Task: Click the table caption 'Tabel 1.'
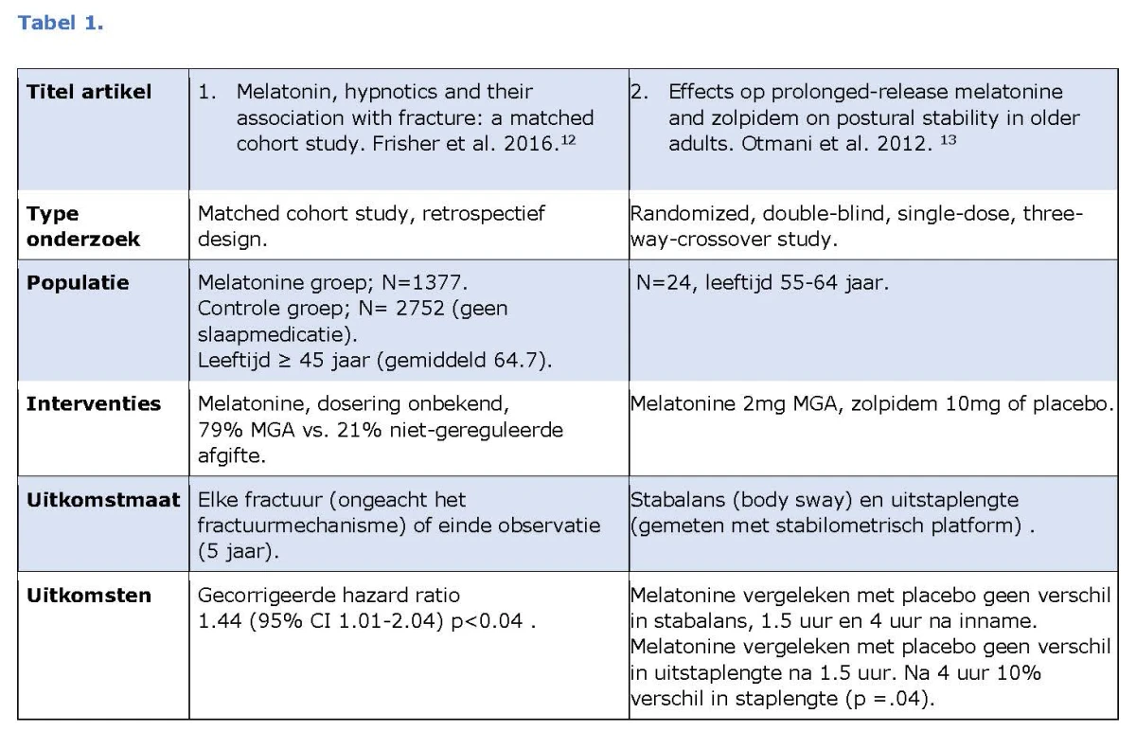point(61,23)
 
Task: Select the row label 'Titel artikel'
point(89,92)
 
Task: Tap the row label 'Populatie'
point(78,282)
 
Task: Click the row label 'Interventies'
point(94,403)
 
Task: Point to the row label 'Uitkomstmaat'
point(103,500)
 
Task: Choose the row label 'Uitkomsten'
point(89,595)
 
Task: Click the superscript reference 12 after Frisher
point(568,139)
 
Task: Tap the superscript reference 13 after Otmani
point(949,139)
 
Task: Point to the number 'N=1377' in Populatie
point(422,282)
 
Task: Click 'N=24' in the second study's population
point(664,282)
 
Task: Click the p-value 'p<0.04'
point(487,621)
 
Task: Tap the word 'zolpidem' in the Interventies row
point(894,403)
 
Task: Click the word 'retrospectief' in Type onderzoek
point(484,214)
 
